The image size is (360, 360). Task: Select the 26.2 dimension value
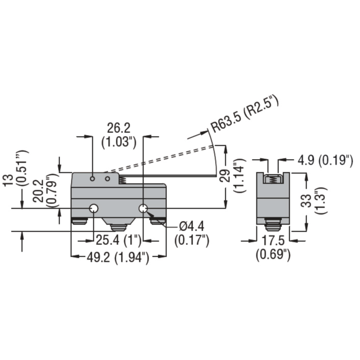pos(118,128)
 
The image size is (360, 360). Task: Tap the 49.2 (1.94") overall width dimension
pos(117,258)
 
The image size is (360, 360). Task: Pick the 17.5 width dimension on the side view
pos(273,241)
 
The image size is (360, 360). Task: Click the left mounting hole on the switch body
pos(94,208)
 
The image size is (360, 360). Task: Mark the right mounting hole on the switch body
pos(144,208)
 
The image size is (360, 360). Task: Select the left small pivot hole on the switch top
pos(92,179)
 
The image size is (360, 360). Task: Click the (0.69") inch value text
pos(273,254)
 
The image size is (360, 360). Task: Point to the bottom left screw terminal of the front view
pos(80,221)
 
